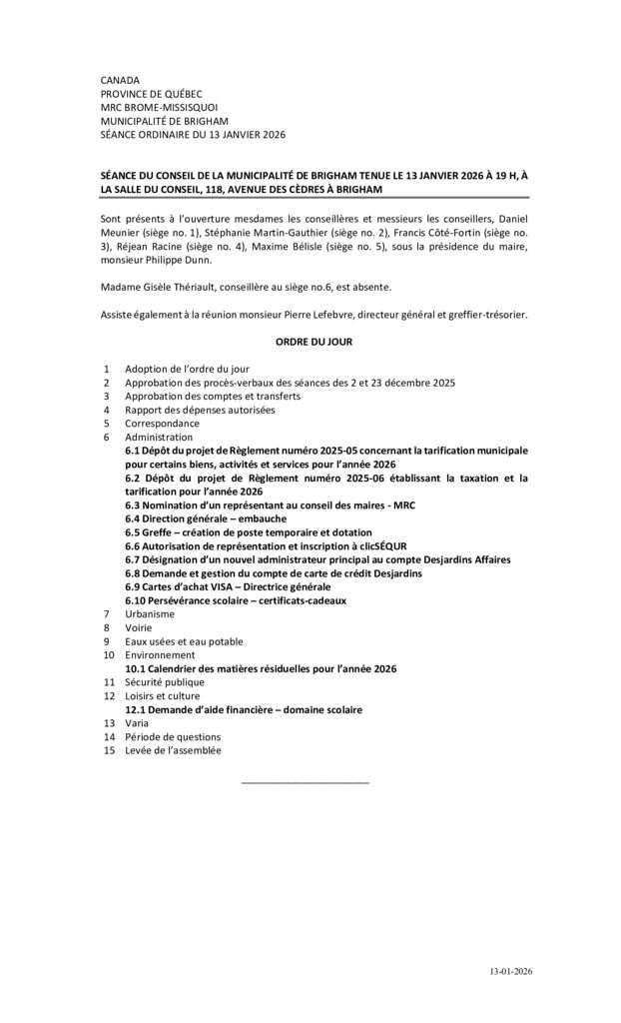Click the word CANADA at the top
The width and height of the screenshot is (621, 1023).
120,79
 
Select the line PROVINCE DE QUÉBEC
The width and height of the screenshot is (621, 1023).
151,93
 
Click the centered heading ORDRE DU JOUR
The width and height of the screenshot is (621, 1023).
313,341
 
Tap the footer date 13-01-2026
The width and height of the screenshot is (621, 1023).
510,971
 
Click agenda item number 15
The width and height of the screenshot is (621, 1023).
107,750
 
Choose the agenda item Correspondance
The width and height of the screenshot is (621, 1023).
162,423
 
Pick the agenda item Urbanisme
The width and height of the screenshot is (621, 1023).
150,613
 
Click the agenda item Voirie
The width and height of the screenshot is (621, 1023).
139,627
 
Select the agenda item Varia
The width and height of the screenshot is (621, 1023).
137,722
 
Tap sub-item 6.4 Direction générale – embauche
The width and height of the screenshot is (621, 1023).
206,518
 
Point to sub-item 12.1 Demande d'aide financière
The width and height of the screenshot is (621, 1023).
244,709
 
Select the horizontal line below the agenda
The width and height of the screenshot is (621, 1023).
306,781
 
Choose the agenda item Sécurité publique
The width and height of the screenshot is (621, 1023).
165,682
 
